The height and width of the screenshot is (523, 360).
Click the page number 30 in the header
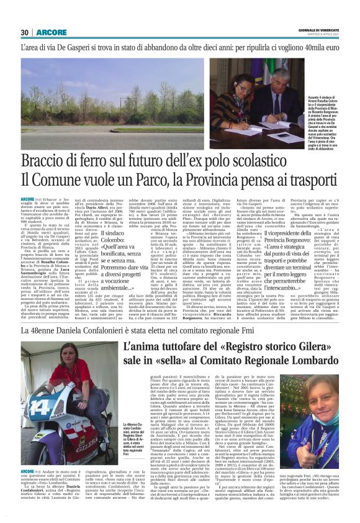[x=24, y=32]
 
